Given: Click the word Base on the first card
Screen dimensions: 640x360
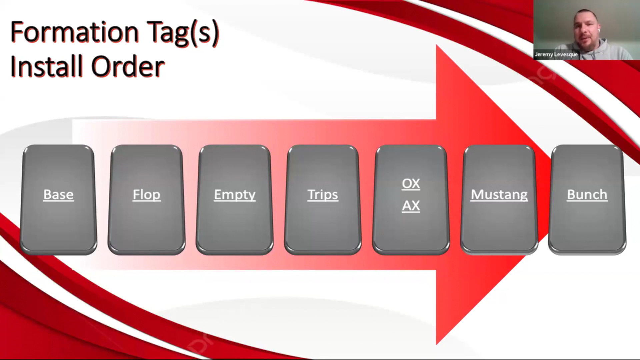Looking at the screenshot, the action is pyautogui.click(x=58, y=194).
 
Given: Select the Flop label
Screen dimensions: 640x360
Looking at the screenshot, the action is pyautogui.click(x=147, y=195).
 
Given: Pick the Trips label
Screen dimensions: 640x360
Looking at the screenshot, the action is pyautogui.click(x=323, y=195).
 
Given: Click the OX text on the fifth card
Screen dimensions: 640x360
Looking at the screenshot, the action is pyautogui.click(x=411, y=184).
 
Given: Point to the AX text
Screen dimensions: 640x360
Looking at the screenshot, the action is pyautogui.click(x=411, y=206).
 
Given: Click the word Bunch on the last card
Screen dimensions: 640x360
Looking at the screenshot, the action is pyautogui.click(x=587, y=195).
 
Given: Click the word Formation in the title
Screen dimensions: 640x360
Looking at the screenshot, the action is pyautogui.click(x=74, y=32).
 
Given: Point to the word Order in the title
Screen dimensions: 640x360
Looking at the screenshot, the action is pyautogui.click(x=128, y=66).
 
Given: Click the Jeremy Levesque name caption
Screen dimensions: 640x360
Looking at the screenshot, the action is pyautogui.click(x=556, y=54).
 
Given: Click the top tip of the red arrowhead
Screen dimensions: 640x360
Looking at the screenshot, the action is pyautogui.click(x=437, y=45).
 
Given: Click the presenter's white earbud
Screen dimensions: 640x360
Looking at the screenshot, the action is pyautogui.click(x=599, y=30).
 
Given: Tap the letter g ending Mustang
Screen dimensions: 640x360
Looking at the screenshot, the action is pyautogui.click(x=523, y=197).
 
